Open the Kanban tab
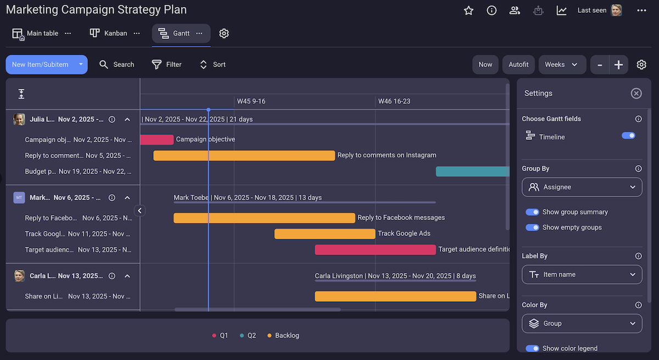[109, 33]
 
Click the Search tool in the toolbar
[116, 64]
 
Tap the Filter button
[166, 64]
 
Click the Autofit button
[518, 64]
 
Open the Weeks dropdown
[561, 64]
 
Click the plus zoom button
[618, 65]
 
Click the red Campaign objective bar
[157, 139]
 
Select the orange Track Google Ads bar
[325, 234]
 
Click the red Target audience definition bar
[375, 250]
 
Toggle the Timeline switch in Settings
[628, 136]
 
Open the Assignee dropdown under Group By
[582, 187]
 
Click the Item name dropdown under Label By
[582, 274]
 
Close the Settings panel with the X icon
[636, 93]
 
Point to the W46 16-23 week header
[394, 102]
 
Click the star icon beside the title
[468, 10]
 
